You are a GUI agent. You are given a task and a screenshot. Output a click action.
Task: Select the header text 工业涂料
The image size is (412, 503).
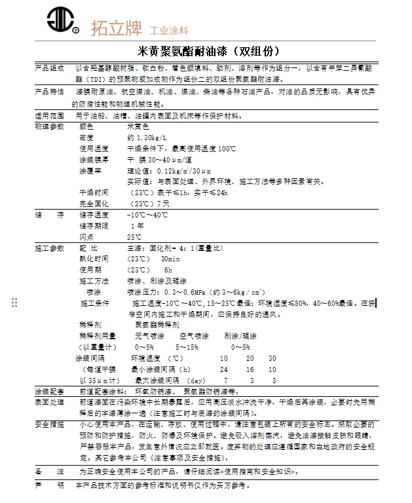click(x=170, y=30)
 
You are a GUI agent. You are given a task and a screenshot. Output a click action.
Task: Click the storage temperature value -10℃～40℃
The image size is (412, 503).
click(x=147, y=215)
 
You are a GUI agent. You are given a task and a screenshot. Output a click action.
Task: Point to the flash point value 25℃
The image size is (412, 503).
click(x=134, y=236)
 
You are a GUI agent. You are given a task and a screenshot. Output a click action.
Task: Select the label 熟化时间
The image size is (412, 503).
click(x=94, y=259)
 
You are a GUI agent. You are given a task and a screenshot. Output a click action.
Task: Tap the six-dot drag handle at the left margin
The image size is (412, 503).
click(x=14, y=302)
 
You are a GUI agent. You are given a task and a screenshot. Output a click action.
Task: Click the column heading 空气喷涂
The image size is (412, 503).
click(x=185, y=335)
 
